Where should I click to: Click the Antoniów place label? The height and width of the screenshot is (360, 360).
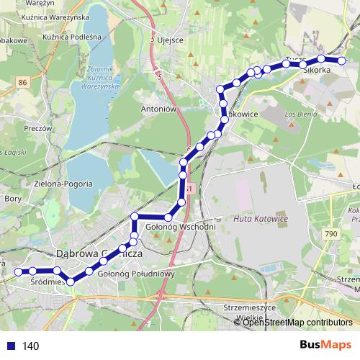160,109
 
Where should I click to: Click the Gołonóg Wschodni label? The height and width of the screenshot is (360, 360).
181,228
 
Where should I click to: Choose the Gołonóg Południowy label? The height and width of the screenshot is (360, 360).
137,274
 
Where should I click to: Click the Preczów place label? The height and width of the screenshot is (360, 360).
35,128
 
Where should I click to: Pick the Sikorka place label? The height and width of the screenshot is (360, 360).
317,71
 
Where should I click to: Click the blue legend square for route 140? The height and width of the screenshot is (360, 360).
9,346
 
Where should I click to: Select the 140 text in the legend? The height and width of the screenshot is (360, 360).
30,346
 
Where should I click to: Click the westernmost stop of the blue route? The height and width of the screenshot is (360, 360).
19,271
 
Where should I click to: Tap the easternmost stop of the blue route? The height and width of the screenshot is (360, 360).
342,60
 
